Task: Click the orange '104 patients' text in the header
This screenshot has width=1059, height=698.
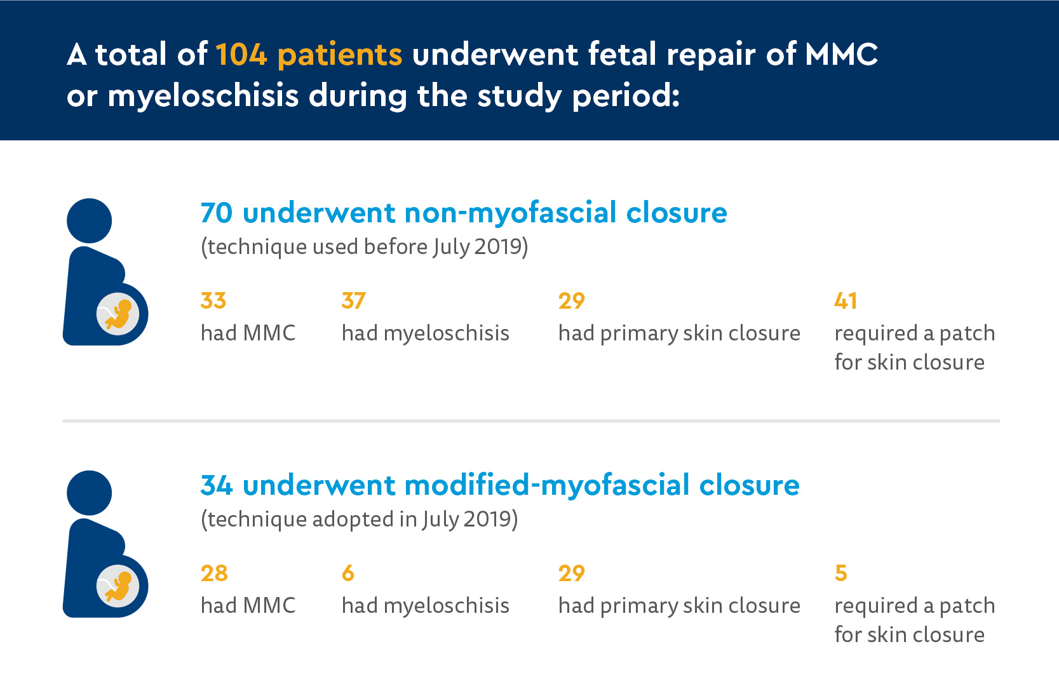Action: click(x=309, y=55)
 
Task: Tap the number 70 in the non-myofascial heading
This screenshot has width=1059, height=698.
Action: click(x=217, y=213)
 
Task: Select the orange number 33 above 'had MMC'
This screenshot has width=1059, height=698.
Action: click(x=213, y=300)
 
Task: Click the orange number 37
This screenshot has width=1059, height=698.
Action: click(x=354, y=300)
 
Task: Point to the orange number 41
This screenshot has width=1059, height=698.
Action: click(x=846, y=300)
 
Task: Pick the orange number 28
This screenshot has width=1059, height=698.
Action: click(x=214, y=574)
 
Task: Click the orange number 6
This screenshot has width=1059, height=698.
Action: click(x=348, y=574)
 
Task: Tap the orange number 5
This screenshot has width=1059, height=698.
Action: click(x=840, y=574)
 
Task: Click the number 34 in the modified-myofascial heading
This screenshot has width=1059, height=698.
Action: click(x=217, y=485)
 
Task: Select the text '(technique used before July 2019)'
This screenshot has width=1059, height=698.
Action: click(x=364, y=247)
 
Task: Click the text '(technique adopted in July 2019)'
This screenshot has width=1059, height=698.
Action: click(x=359, y=520)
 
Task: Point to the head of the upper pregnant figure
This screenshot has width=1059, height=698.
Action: click(x=90, y=220)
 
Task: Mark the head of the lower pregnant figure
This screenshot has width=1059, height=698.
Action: click(x=90, y=493)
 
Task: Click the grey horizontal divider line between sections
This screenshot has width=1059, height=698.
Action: click(x=531, y=420)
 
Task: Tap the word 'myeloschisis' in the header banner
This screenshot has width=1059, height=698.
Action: click(x=203, y=97)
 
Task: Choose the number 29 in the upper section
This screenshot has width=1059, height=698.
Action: click(x=571, y=300)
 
